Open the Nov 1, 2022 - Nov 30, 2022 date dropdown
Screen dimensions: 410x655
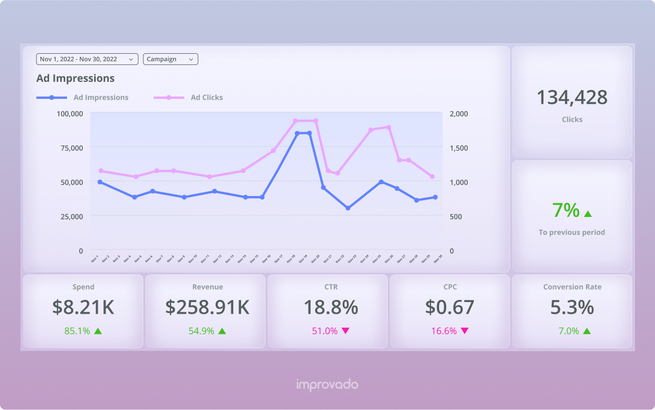click(87, 59)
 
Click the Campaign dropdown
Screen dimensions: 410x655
click(170, 59)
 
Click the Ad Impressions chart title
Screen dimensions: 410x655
click(75, 78)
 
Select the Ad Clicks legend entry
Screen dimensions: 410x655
click(206, 97)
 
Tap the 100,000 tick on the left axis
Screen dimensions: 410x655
click(70, 114)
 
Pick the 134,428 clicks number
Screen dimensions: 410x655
click(572, 97)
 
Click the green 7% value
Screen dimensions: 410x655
click(565, 210)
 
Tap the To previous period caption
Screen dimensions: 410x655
click(572, 232)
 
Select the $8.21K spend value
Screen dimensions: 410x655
click(83, 307)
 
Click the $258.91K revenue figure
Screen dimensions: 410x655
click(207, 307)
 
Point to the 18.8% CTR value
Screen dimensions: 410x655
click(331, 307)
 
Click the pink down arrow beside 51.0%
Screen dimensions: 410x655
click(345, 331)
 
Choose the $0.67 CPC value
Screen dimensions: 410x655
click(449, 307)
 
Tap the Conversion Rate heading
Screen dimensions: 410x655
click(572, 287)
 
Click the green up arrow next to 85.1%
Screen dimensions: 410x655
click(98, 331)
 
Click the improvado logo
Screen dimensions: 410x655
click(327, 385)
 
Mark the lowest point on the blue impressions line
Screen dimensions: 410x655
click(348, 208)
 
